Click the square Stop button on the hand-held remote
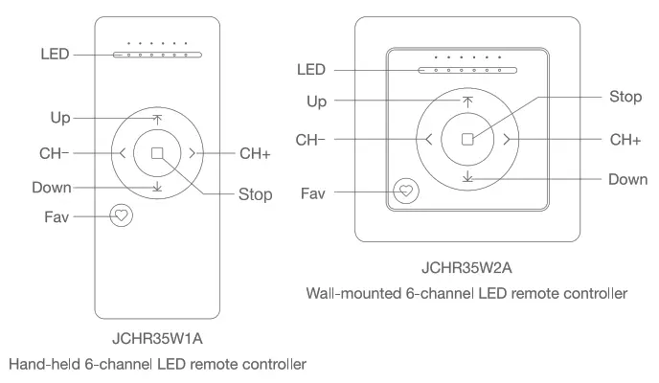(x=157, y=152)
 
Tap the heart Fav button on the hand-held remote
(x=122, y=215)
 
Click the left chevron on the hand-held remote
(x=123, y=152)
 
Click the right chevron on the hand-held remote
(x=193, y=152)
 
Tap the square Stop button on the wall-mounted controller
(x=466, y=139)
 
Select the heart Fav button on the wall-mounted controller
(x=406, y=191)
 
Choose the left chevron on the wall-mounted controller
(x=428, y=139)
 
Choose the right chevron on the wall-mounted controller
(x=506, y=139)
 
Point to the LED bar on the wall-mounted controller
(x=466, y=70)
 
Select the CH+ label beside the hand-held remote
(x=254, y=152)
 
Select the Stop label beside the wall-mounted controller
(x=625, y=97)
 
